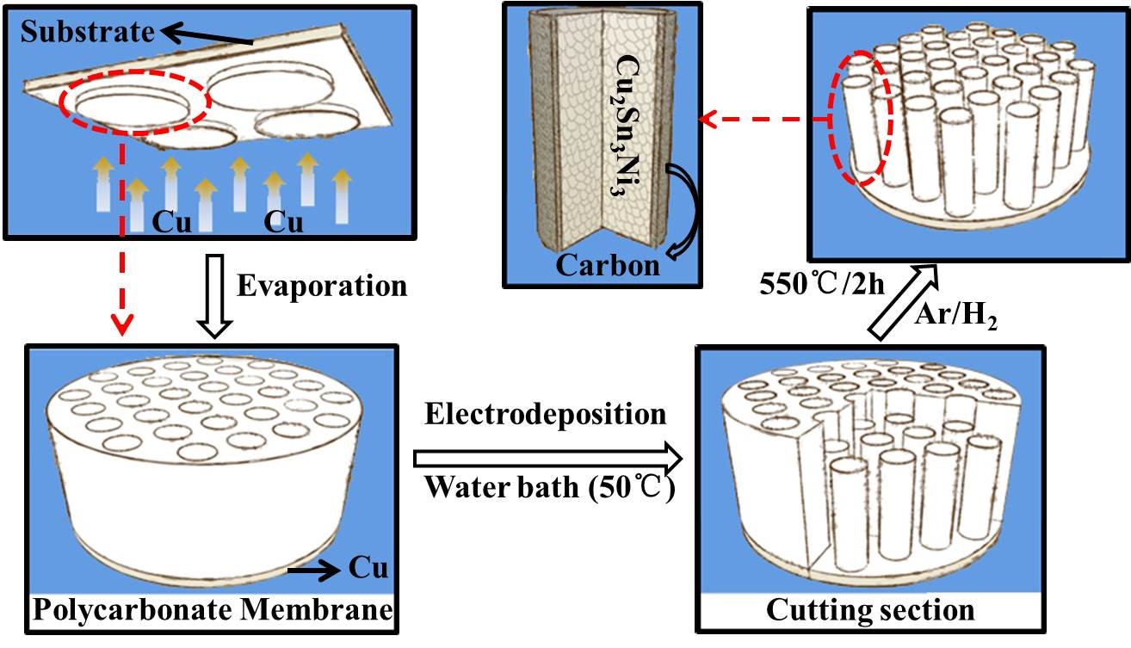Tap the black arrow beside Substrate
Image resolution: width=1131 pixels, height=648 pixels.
[207, 36]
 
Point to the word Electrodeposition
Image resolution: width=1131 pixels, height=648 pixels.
[546, 414]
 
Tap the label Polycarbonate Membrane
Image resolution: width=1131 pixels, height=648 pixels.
[212, 612]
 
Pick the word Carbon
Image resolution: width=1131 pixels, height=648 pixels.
[608, 265]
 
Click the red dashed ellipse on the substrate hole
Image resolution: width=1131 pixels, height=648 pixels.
[134, 106]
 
